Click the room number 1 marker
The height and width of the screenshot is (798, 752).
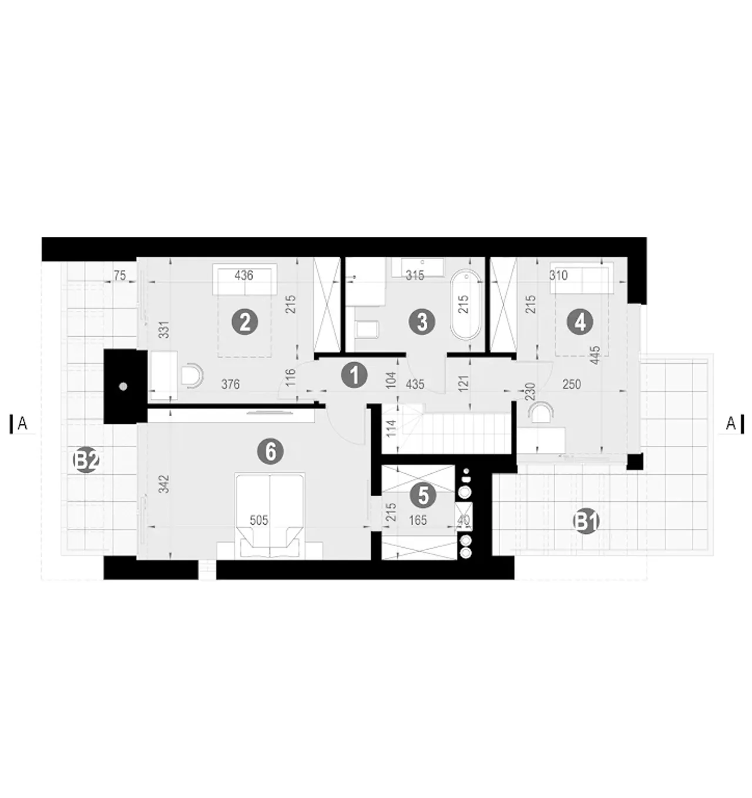[354, 375]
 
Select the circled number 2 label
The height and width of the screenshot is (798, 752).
[245, 322]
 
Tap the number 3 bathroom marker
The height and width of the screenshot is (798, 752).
[422, 322]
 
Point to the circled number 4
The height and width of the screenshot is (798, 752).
[580, 322]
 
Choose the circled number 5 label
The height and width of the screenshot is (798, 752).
[424, 496]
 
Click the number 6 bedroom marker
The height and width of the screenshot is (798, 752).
[270, 452]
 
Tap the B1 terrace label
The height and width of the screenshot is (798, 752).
[586, 522]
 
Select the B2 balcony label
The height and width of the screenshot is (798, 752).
[86, 461]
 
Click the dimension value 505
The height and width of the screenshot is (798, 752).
[258, 521]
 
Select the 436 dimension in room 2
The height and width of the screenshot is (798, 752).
[244, 275]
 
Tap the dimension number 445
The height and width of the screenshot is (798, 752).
[596, 355]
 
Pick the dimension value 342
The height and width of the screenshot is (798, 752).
[164, 484]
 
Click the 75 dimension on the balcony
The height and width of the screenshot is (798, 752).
[119, 276]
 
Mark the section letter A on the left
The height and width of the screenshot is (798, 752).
[22, 424]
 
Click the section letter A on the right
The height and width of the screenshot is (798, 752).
[730, 424]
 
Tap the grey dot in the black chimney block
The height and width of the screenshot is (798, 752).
[123, 387]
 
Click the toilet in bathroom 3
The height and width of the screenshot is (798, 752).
[367, 330]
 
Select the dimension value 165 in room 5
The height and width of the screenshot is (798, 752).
[418, 521]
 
